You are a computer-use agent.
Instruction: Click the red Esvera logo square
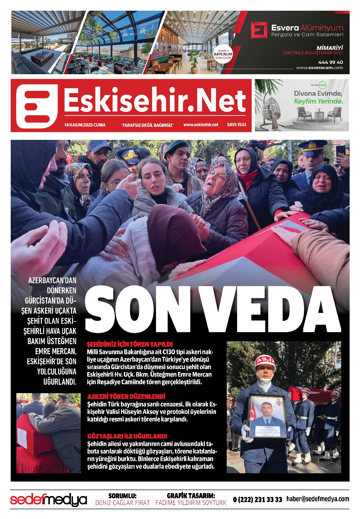point(259,30)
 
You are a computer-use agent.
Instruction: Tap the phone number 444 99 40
point(330,62)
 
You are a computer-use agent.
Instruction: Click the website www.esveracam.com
point(319,68)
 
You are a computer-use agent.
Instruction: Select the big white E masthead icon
point(37,106)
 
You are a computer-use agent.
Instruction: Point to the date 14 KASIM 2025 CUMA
point(85,125)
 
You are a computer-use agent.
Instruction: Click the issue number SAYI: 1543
point(236,125)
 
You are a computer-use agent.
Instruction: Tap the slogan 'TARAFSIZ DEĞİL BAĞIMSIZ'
point(148,125)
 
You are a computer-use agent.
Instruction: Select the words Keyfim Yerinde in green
point(318,101)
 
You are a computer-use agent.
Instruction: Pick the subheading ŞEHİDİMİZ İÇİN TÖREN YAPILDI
point(130,344)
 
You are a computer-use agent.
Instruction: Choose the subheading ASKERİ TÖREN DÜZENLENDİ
point(126,396)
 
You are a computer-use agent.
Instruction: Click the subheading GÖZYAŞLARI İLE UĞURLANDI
point(127,436)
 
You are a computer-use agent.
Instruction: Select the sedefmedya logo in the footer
point(49,500)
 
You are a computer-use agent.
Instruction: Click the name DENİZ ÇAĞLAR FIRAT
point(122,503)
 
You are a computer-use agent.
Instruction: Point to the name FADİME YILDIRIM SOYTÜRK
point(191,503)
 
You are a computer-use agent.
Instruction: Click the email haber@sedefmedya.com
point(318,499)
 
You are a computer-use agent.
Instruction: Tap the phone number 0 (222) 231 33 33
point(258,500)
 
